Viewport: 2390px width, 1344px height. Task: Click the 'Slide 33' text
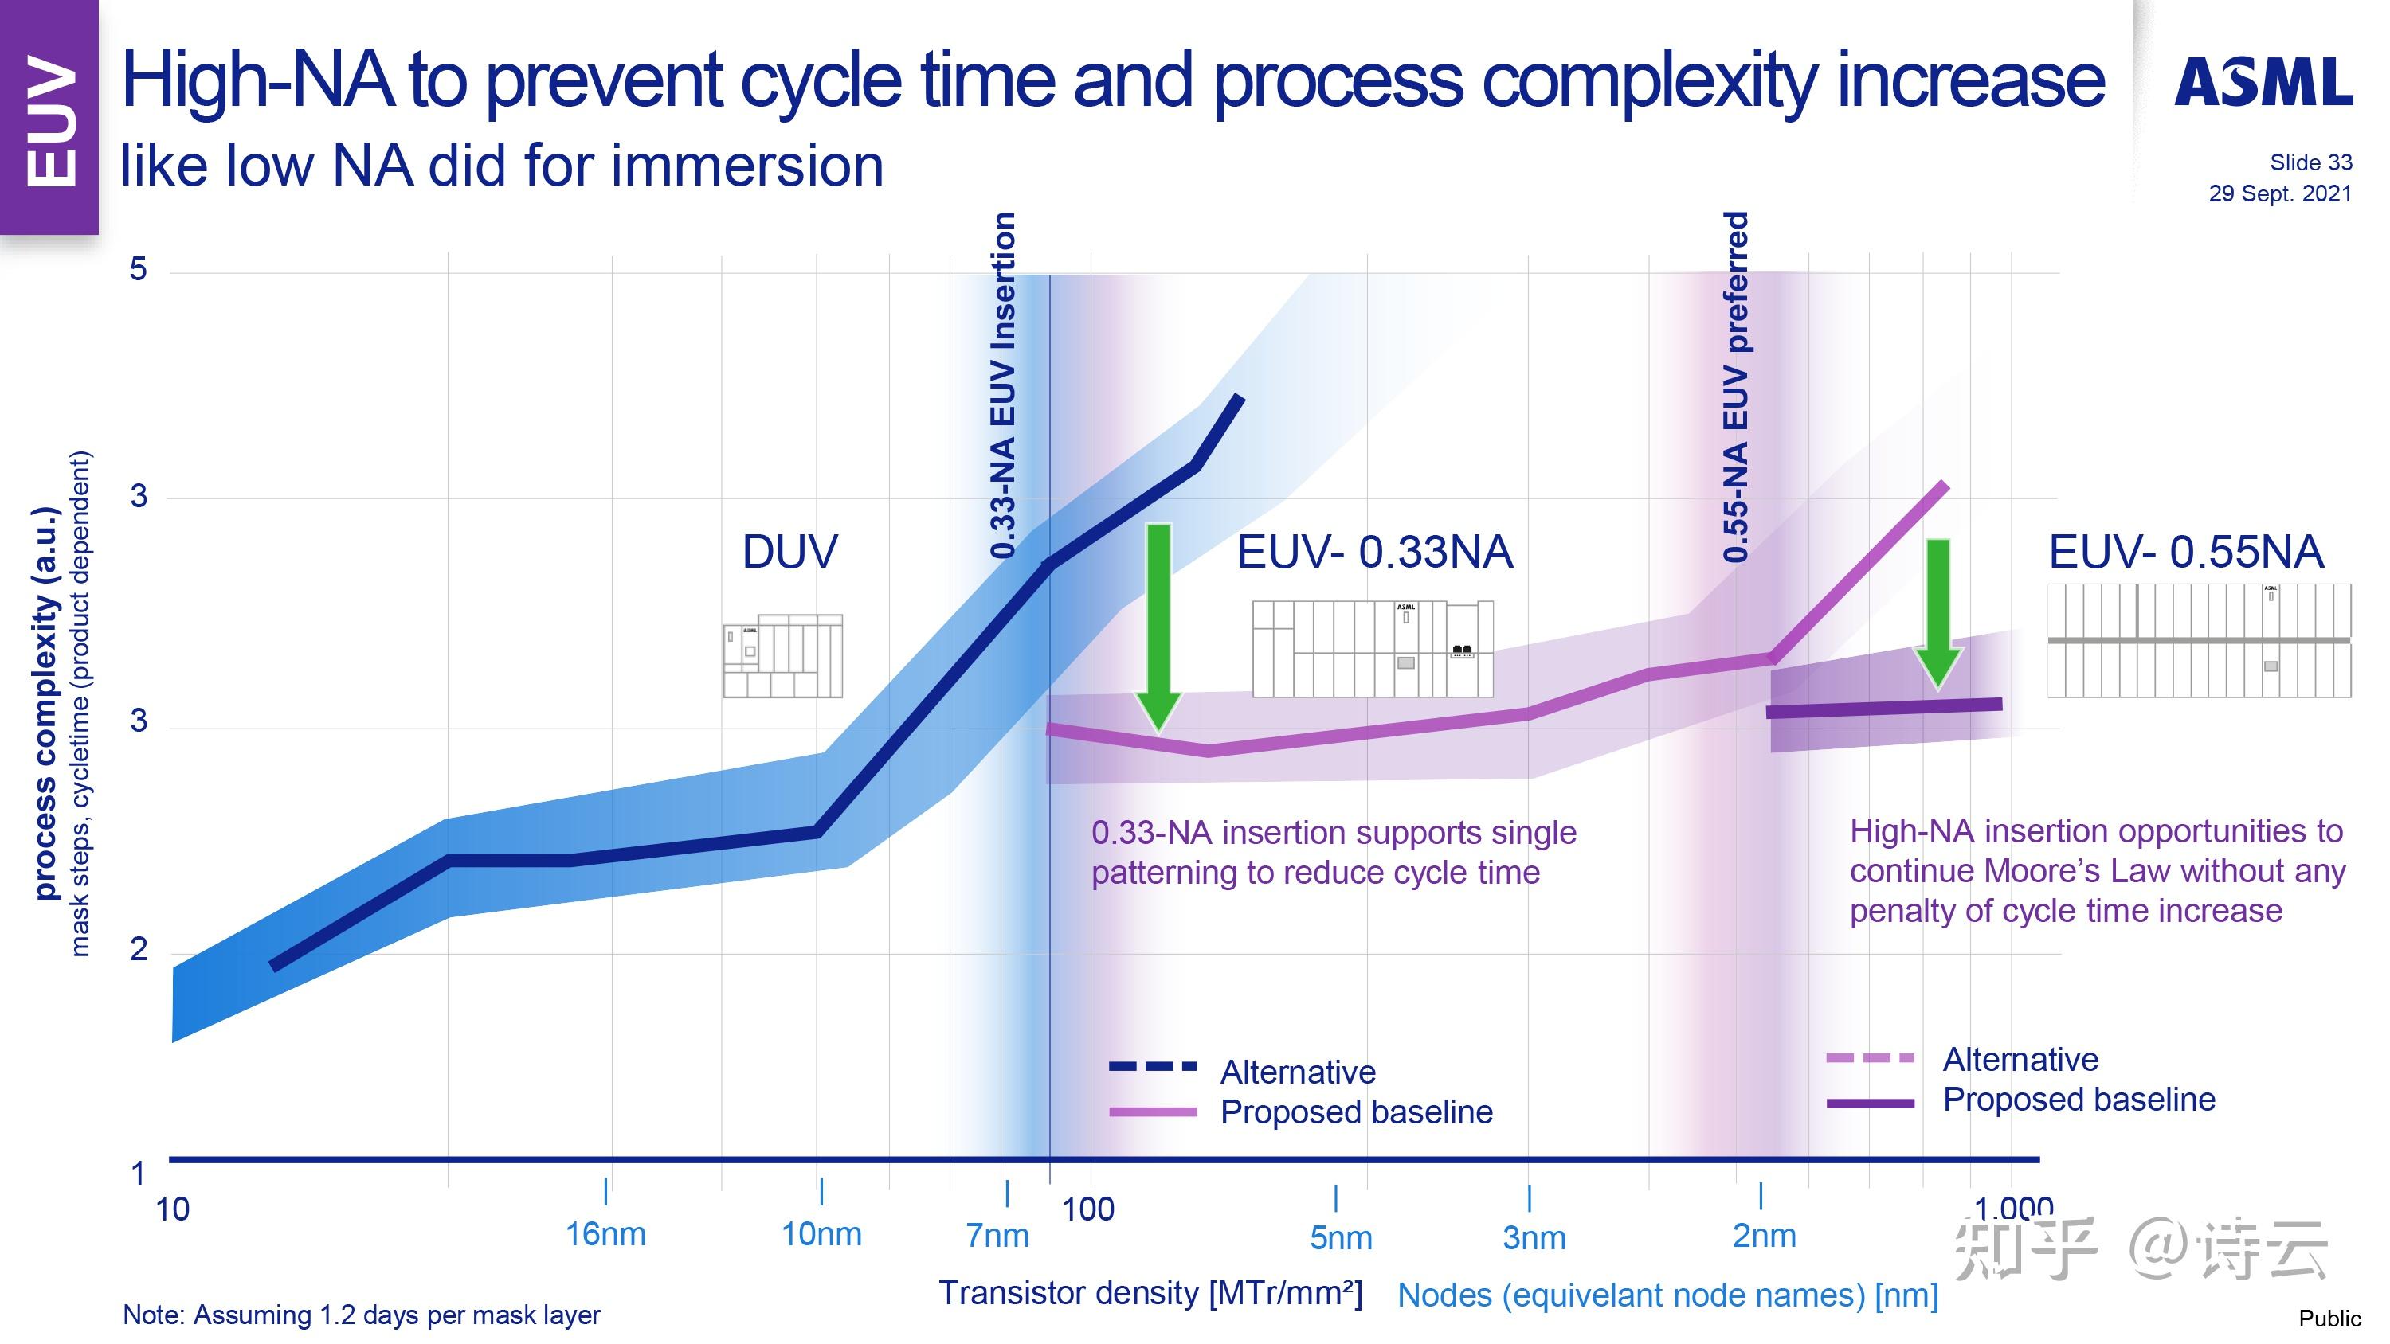click(x=2310, y=162)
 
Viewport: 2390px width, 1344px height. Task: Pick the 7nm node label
click(x=997, y=1236)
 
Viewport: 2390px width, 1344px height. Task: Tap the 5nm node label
click(x=1340, y=1238)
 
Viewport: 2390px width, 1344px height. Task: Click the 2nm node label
click(x=1764, y=1237)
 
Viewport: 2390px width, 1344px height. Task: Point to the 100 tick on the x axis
click(x=1087, y=1209)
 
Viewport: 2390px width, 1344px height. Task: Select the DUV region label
click(x=789, y=552)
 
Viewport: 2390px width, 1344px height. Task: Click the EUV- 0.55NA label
click(x=2185, y=552)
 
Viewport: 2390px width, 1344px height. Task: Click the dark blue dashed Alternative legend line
click(x=1152, y=1067)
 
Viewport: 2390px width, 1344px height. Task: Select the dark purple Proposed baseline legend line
click(x=1870, y=1103)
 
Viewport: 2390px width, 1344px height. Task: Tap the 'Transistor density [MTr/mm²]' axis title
click(x=1150, y=1293)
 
